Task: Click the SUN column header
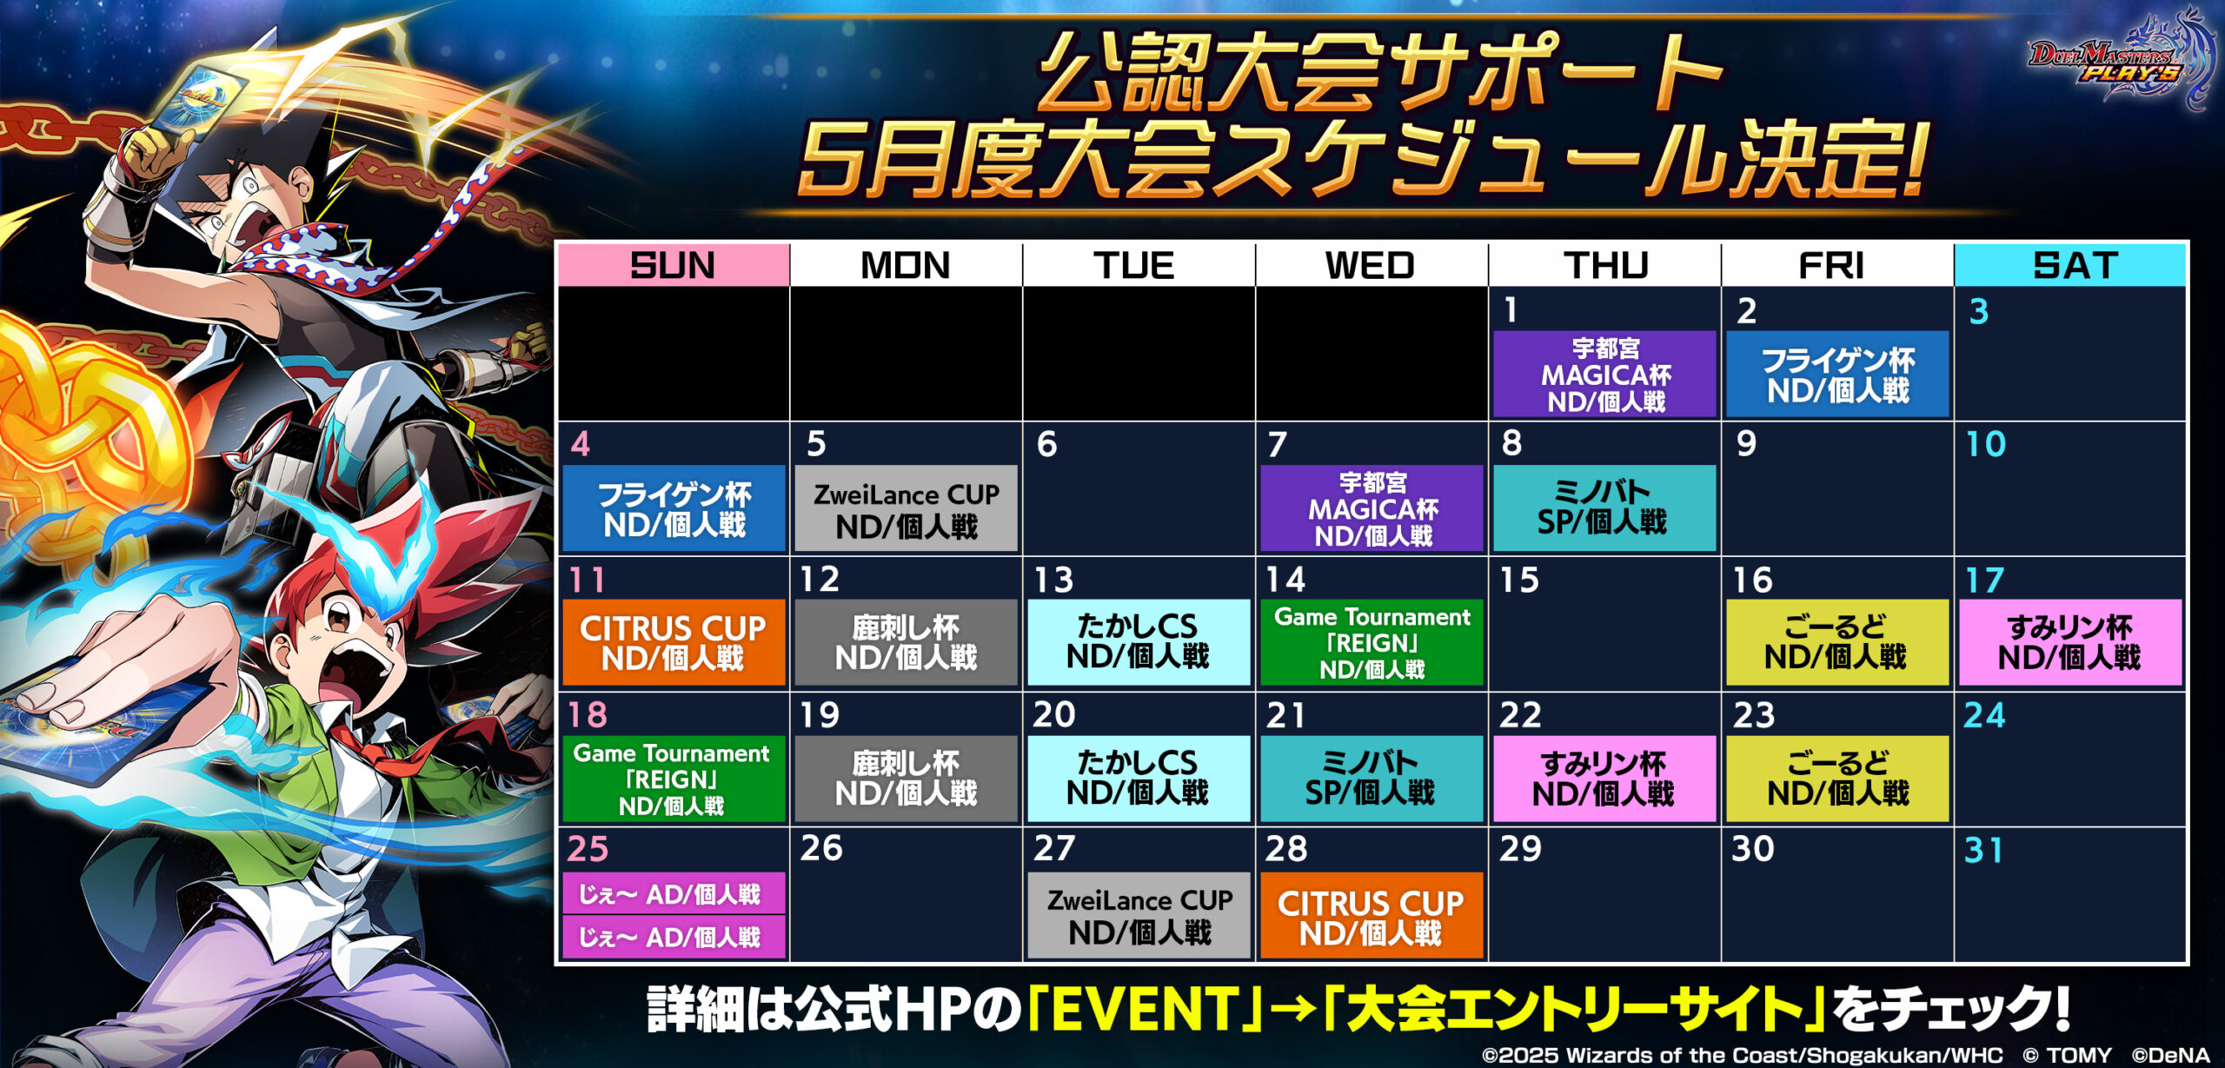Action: (674, 265)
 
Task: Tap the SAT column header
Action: (2070, 265)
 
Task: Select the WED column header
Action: (1372, 265)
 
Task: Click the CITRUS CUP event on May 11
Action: (674, 642)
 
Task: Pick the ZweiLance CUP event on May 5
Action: (906, 508)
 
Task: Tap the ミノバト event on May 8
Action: (1604, 508)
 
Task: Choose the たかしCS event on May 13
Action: (1139, 642)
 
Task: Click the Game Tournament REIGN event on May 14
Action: (1372, 642)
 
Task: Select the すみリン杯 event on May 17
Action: (2070, 642)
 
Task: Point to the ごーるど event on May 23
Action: (1837, 779)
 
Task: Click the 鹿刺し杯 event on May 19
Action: (906, 779)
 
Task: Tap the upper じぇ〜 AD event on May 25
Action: (674, 894)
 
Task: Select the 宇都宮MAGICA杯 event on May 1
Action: (1604, 374)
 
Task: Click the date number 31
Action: (1983, 850)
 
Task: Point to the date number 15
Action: (1519, 580)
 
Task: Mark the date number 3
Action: (1979, 311)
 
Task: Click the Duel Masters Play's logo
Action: (2121, 61)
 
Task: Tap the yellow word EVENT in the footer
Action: (1134, 1009)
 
